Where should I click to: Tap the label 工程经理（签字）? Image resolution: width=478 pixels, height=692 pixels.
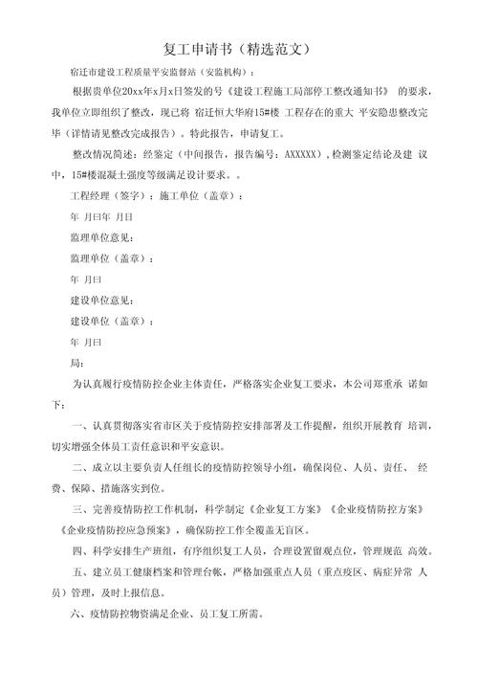click(104, 195)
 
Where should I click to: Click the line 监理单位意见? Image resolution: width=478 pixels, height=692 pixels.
click(101, 237)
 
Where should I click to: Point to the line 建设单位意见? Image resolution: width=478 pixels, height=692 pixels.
click(101, 301)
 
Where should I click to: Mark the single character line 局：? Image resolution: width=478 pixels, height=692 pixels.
click(77, 363)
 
